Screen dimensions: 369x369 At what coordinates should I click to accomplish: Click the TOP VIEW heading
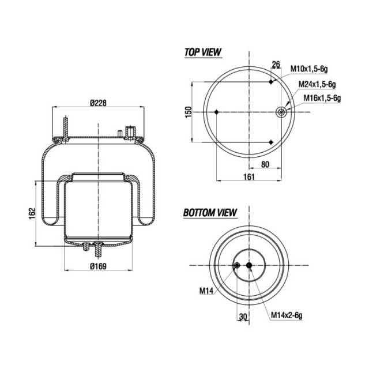click(203, 52)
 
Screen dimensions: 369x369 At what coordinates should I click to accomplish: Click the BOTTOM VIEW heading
click(210, 213)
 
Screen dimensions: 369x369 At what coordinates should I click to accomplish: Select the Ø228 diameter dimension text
click(98, 103)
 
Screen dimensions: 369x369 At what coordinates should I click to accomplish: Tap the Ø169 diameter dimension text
click(98, 266)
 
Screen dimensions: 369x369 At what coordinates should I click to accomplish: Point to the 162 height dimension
click(32, 213)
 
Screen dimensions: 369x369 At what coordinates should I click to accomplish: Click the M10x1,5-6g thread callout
click(309, 69)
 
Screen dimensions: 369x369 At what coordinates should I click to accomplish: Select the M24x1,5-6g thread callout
click(317, 84)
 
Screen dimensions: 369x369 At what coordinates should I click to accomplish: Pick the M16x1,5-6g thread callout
click(322, 98)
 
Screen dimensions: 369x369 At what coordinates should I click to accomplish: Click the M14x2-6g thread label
click(287, 315)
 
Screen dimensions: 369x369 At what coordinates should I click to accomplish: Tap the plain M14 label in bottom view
click(206, 291)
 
